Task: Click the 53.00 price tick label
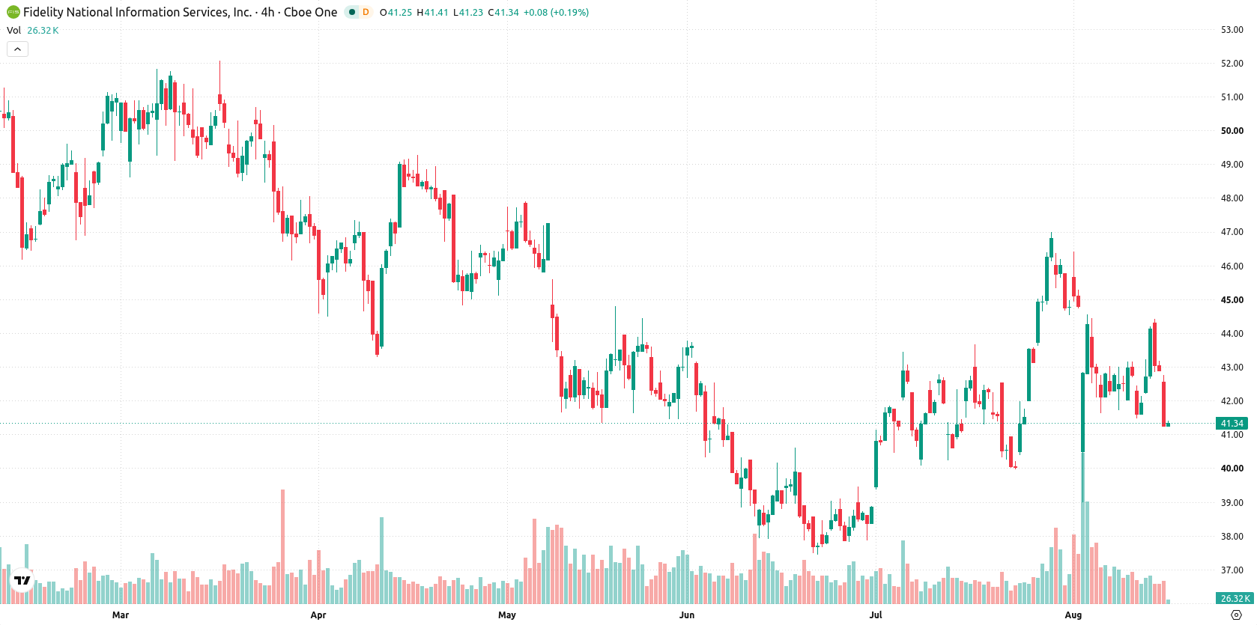[x=1232, y=30]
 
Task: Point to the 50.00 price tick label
[x=1232, y=130]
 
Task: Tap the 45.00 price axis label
[x=1232, y=300]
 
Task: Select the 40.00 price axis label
[x=1232, y=469]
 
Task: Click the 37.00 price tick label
[x=1232, y=570]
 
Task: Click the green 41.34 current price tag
[x=1232, y=424]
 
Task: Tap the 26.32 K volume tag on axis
[x=1234, y=599]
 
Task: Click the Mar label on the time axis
[x=121, y=615]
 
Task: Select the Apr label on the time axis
[x=318, y=615]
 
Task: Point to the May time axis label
[x=506, y=615]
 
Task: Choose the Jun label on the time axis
[x=687, y=615]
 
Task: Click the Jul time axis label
[x=876, y=615]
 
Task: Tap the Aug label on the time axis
[x=1073, y=615]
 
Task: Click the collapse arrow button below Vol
[x=17, y=49]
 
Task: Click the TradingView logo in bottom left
[x=22, y=580]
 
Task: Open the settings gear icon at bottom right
[x=1236, y=615]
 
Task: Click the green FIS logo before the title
[x=13, y=12]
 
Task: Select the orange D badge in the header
[x=366, y=12]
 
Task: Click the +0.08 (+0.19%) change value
[x=556, y=12]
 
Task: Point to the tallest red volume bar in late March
[x=283, y=546]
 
